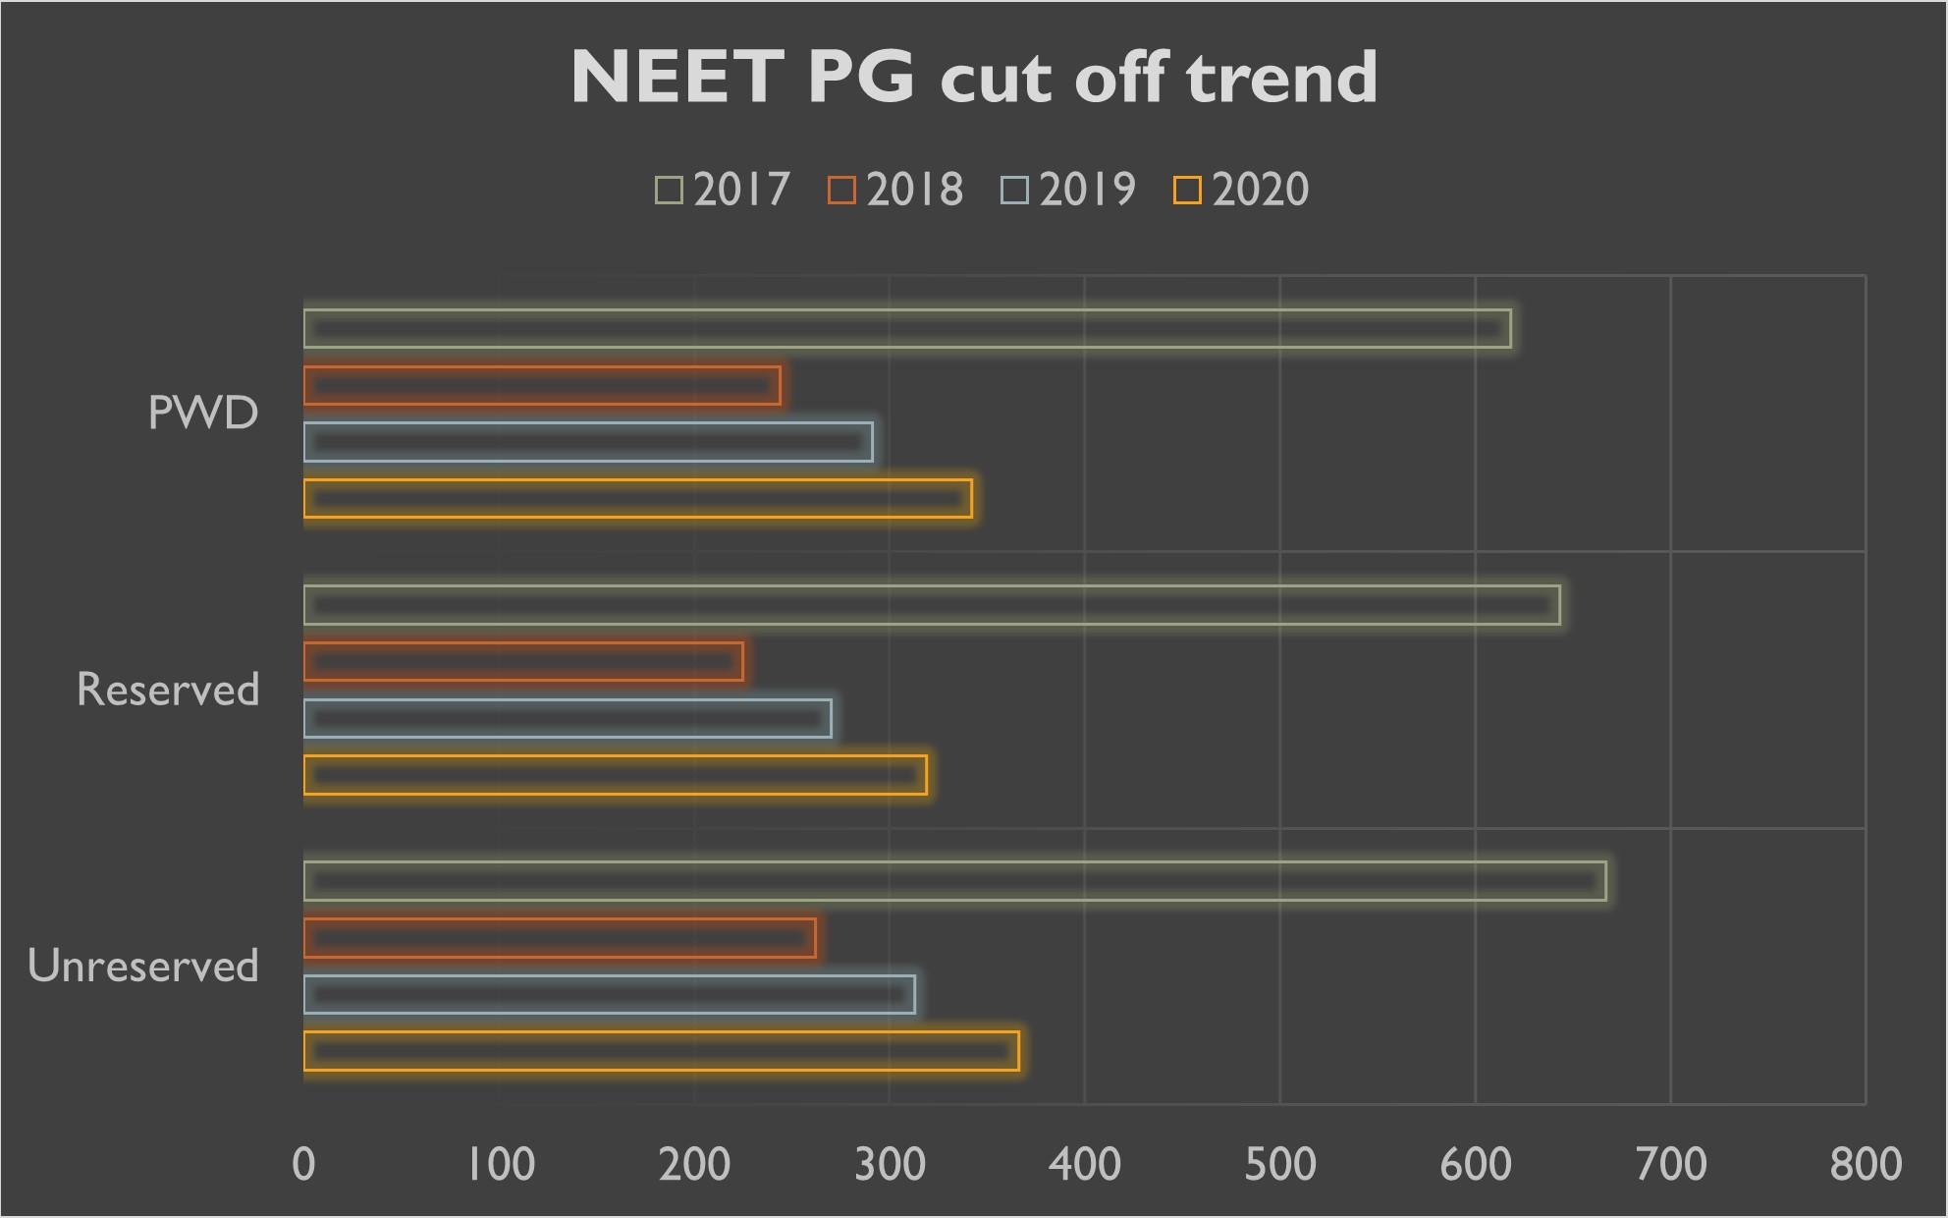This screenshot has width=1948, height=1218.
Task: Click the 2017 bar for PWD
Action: [907, 329]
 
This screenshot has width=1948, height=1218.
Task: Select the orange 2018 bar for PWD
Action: [542, 386]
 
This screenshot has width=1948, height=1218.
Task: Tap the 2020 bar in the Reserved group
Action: [615, 775]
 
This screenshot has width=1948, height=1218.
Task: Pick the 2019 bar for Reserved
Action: [568, 719]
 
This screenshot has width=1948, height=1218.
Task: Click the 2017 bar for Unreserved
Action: [954, 881]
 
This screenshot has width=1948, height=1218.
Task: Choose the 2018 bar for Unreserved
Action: [560, 938]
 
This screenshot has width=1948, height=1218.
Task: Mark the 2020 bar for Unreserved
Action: [661, 1051]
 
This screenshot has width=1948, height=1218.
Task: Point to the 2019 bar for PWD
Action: [588, 442]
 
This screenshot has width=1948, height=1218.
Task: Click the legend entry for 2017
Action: [724, 190]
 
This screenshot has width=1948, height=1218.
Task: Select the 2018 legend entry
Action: [896, 190]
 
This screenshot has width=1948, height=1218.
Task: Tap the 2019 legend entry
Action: [1069, 190]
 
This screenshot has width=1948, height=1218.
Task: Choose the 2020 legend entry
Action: [1242, 190]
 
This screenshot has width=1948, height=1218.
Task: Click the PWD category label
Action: [203, 413]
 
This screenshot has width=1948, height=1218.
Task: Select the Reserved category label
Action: [168, 690]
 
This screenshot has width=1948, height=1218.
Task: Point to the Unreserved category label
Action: [143, 967]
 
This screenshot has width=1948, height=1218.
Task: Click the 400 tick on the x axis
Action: [1085, 1165]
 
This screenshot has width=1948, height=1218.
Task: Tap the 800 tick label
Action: [1866, 1165]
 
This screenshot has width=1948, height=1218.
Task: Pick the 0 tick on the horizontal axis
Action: [304, 1165]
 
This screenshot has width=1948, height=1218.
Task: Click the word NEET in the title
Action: [677, 78]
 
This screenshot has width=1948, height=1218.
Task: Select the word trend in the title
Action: [1281, 78]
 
